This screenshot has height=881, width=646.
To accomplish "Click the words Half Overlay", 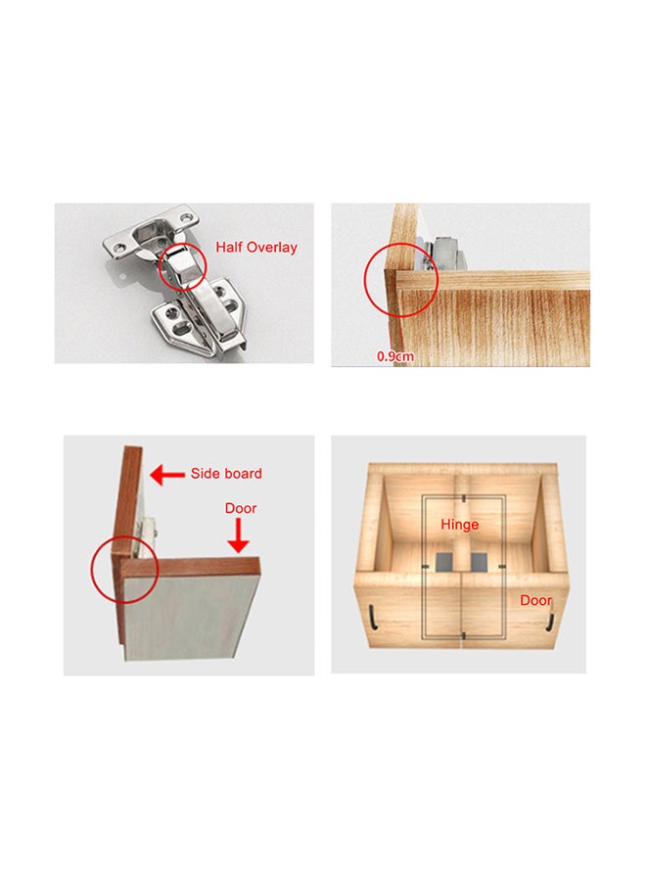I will pos(255,248).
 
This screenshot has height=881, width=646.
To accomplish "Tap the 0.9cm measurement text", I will pos(395,356).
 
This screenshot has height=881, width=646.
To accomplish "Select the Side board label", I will pos(226,474).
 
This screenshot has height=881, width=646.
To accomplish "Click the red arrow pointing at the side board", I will pos(167,475).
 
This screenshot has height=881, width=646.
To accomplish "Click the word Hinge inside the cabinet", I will pos(459,525).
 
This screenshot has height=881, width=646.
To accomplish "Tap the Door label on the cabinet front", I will pos(535,600).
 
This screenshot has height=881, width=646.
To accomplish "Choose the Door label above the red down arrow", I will pos(241,509).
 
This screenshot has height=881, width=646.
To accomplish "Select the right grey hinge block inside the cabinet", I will pos(480,561).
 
